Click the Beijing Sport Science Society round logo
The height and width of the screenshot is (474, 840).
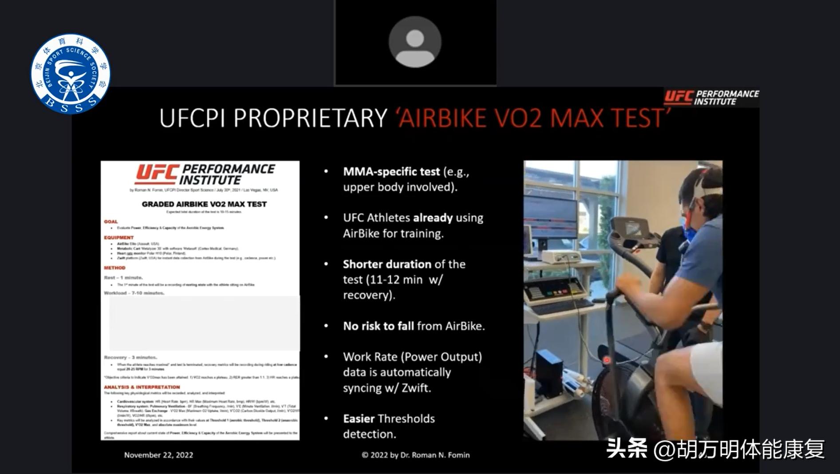pos(70,74)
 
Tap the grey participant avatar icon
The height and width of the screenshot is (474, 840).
pos(415,42)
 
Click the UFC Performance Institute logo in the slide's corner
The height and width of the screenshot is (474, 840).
pos(711,97)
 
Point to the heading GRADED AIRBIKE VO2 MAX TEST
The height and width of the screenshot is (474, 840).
pos(204,204)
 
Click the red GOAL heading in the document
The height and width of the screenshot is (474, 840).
pos(111,221)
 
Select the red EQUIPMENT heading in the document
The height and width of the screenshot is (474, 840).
pos(118,237)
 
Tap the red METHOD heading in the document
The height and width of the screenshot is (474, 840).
pos(114,268)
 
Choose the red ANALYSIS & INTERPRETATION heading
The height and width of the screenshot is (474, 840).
pos(142,387)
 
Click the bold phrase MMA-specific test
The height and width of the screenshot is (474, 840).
pos(391,172)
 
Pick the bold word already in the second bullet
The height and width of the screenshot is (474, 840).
pos(433,218)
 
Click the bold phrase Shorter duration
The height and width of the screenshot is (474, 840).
pos(387,264)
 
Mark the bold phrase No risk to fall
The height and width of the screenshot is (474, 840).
pos(379,326)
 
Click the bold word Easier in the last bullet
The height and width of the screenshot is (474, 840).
pos(359,419)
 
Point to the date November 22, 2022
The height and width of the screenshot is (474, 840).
pos(158,455)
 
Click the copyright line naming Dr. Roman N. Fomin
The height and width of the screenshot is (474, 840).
pos(415,455)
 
